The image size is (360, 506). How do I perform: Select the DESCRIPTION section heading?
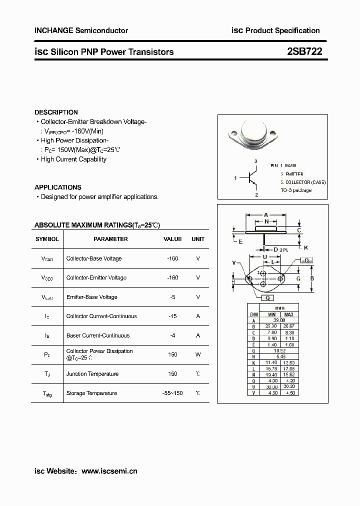(x=56, y=112)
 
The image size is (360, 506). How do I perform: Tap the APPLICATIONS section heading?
(x=57, y=187)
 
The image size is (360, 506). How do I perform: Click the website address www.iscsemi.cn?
(x=109, y=471)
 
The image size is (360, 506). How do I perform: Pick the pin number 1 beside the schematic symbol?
(x=235, y=178)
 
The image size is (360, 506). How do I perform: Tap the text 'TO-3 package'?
(x=295, y=190)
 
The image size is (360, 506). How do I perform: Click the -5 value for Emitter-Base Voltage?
(x=172, y=297)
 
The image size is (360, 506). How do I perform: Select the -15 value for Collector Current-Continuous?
(x=172, y=316)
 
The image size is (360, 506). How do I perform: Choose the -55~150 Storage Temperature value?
(x=172, y=393)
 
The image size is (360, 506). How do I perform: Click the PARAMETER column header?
(x=110, y=239)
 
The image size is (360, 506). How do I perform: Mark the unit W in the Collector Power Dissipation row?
(x=198, y=354)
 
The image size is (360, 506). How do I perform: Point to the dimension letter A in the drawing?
(x=266, y=214)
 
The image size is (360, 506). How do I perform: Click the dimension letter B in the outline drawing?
(x=311, y=278)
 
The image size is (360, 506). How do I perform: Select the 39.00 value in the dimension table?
(x=279, y=320)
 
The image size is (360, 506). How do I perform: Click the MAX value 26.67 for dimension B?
(x=288, y=326)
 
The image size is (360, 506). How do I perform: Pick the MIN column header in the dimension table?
(x=271, y=314)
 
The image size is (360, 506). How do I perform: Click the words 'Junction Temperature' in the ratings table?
(x=92, y=374)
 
